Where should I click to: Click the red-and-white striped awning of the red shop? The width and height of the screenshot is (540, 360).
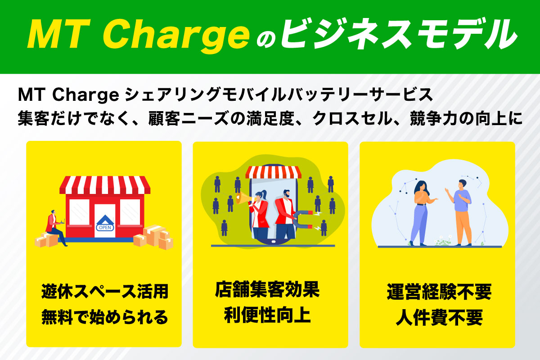[105, 185]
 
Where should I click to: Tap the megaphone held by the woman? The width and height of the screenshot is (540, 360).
[245, 198]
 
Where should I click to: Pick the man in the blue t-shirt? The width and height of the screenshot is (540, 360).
[460, 213]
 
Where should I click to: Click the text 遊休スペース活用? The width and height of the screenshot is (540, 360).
[104, 292]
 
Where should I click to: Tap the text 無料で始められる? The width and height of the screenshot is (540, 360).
[104, 317]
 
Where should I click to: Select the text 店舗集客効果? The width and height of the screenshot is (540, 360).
[267, 290]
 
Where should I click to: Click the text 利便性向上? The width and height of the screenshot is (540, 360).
[267, 315]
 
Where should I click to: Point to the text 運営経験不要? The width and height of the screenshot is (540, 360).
[439, 292]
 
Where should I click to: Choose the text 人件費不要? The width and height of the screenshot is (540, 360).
[439, 318]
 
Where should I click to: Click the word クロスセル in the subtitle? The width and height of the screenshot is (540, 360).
[352, 119]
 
